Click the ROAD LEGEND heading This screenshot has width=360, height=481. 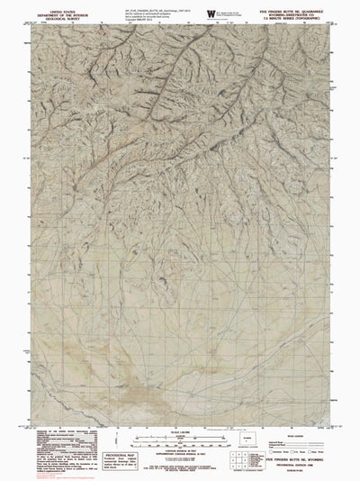pyautogui.click(x=302, y=435)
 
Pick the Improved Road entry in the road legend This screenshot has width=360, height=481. pyautogui.click(x=286, y=441)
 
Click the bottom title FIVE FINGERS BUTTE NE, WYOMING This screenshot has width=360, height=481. pyautogui.click(x=302, y=462)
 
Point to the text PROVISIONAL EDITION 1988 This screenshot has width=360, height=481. pyautogui.click(x=302, y=467)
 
